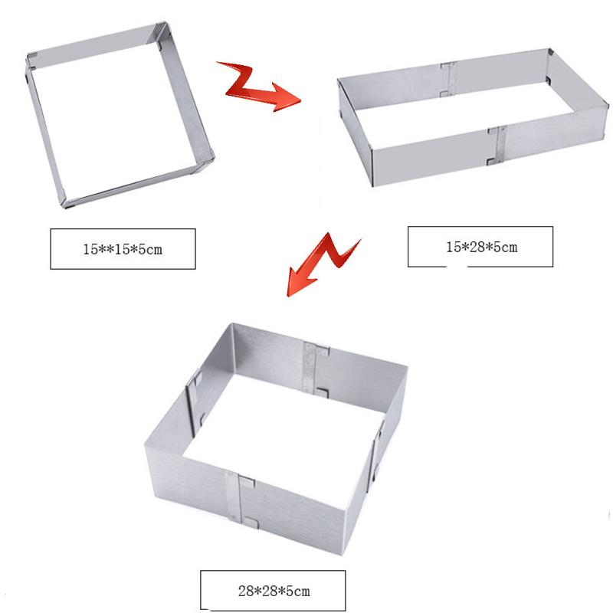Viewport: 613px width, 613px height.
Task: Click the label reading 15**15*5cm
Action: (x=123, y=248)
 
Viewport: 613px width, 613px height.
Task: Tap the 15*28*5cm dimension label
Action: (x=480, y=246)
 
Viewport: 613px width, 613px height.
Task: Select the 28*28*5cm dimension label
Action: (x=273, y=591)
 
